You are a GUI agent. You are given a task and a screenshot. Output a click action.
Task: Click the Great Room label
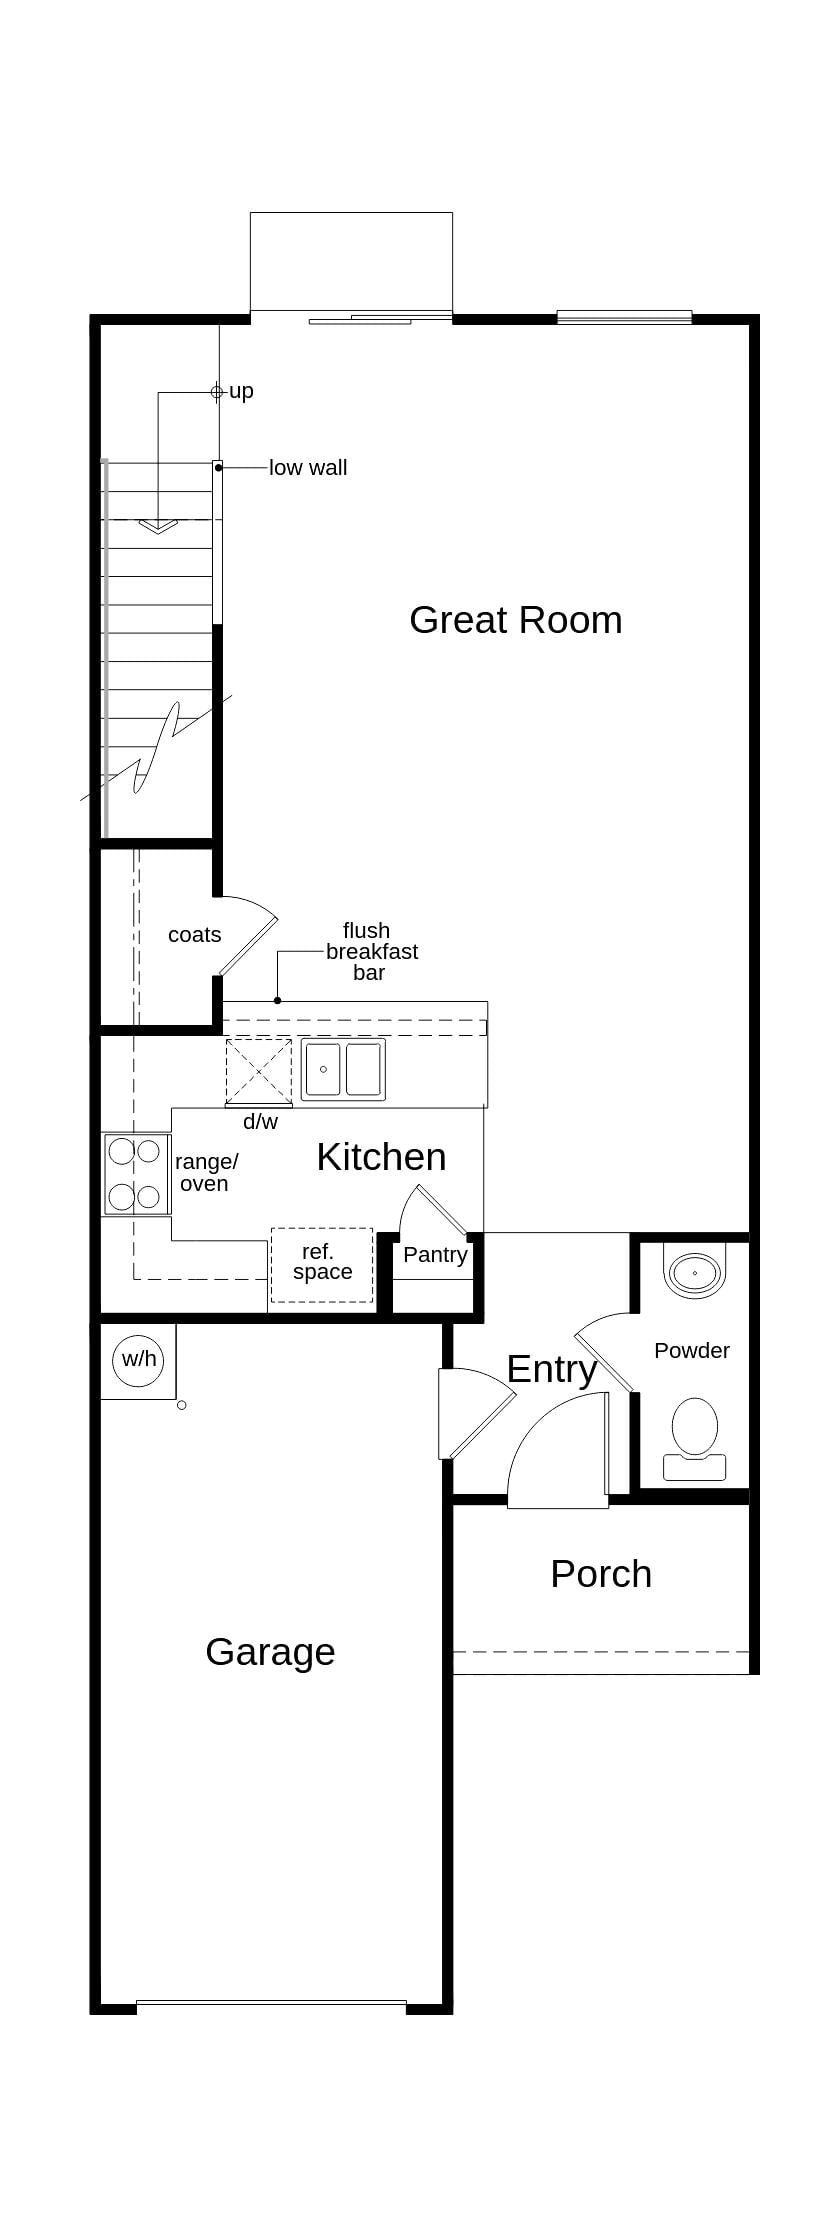[x=515, y=620]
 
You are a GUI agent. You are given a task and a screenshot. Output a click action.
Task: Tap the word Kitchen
[x=381, y=1157]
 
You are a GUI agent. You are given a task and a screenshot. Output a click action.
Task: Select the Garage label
[x=270, y=1652]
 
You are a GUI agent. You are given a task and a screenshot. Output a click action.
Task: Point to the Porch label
[x=601, y=1574]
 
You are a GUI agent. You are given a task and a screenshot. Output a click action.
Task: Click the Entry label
[x=551, y=1369]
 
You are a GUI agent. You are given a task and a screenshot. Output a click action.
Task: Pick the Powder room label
[x=691, y=1351]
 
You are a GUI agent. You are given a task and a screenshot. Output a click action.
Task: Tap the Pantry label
[x=435, y=1255]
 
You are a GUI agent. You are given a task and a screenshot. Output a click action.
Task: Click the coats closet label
[x=194, y=935]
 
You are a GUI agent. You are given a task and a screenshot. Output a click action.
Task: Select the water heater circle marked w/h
[x=139, y=1359]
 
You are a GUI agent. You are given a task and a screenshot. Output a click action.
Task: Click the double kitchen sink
[x=343, y=1070]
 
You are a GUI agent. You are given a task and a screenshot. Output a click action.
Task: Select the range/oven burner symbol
[x=136, y=1174]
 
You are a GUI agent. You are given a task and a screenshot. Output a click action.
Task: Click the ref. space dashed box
[x=322, y=1264]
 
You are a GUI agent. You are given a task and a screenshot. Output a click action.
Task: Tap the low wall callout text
[x=308, y=468]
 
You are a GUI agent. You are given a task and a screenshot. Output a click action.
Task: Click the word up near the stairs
[x=241, y=391]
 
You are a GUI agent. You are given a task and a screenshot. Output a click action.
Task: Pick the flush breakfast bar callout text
[x=370, y=952]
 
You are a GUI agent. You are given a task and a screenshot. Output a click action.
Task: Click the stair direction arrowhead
[x=158, y=525]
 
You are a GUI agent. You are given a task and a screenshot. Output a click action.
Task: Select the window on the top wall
[x=624, y=317]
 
